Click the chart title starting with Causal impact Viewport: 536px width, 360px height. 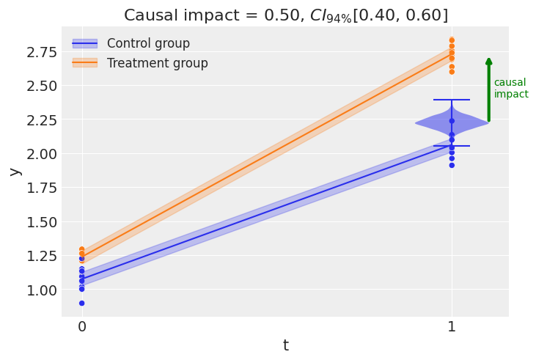tap(285, 15)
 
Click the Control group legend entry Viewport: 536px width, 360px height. tap(148, 44)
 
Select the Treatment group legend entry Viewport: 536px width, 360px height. tap(157, 63)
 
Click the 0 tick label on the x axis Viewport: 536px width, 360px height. tap(81, 327)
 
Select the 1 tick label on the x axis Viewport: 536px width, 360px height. tap(452, 327)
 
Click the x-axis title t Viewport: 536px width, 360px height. tap(285, 345)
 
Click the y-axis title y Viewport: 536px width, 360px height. tap(14, 171)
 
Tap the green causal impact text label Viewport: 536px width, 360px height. tap(510, 89)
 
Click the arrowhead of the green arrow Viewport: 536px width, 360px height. tap(489, 62)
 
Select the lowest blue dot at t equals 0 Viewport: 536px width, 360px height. tap(81, 303)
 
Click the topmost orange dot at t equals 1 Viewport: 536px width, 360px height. tap(452, 40)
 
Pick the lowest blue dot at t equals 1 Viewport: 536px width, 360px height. tap(452, 165)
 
